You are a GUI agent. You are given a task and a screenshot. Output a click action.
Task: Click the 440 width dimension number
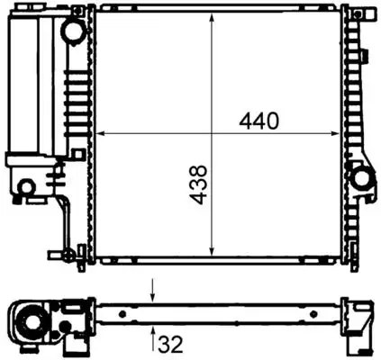click(260, 119)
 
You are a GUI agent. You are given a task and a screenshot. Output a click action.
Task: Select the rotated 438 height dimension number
click(199, 184)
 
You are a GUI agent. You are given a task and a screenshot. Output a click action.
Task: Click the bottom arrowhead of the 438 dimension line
click(212, 254)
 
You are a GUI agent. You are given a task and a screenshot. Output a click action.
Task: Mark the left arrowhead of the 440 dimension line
click(100, 134)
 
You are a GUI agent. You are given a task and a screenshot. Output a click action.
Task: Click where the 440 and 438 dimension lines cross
click(212, 134)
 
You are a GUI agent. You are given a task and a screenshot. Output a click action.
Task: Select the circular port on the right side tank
click(364, 178)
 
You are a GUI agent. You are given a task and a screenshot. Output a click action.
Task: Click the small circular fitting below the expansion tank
click(27, 187)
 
